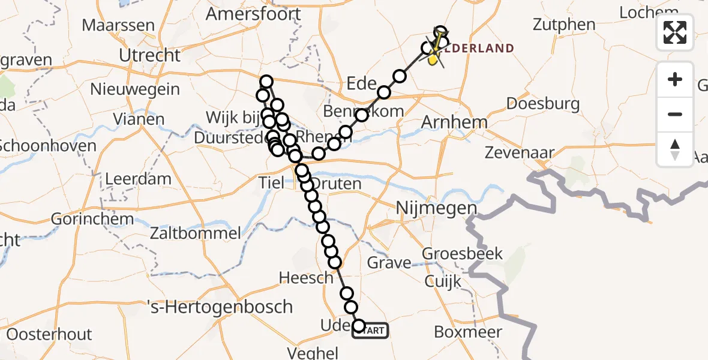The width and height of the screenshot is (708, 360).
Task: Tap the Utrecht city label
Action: [x=149, y=56]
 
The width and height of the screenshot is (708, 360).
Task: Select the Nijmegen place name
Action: [x=436, y=209]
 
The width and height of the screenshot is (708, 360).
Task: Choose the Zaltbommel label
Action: [x=197, y=233]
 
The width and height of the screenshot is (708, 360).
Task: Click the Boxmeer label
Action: [x=467, y=332]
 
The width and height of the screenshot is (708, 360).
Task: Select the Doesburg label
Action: [x=543, y=104]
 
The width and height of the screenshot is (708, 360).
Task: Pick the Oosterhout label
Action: [x=49, y=334]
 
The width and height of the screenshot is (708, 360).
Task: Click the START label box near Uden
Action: [x=371, y=330]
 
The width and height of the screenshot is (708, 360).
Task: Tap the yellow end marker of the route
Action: [x=433, y=59]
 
